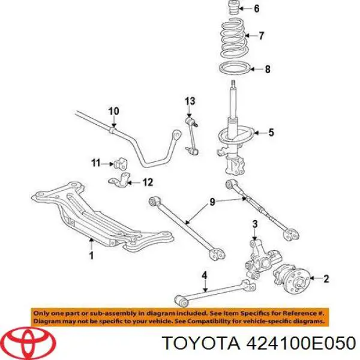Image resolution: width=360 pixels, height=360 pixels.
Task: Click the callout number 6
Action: (x=257, y=8)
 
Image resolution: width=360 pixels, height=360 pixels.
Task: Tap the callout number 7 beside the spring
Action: (x=262, y=36)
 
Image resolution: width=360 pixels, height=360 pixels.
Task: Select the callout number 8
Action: (x=268, y=69)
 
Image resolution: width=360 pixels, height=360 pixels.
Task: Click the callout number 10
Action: (x=113, y=111)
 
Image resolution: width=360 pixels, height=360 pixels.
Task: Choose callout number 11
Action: (x=95, y=163)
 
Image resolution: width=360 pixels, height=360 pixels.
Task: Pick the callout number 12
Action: (x=148, y=182)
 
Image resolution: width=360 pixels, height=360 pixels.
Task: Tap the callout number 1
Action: (x=91, y=256)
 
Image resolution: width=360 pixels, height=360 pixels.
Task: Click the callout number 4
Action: (x=204, y=277)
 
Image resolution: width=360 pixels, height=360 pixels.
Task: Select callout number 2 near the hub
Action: (x=326, y=278)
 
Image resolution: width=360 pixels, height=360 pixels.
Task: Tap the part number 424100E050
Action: (x=297, y=343)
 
